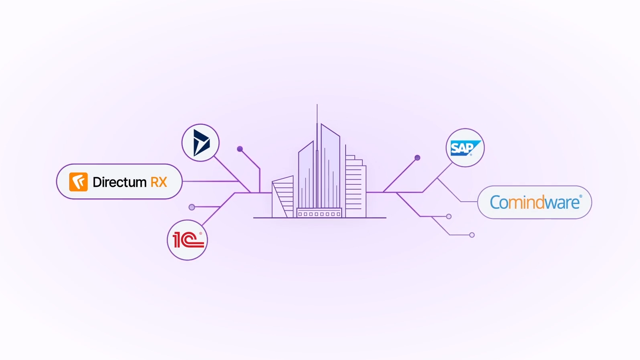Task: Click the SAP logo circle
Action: (x=465, y=148)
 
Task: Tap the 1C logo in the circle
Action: (x=188, y=240)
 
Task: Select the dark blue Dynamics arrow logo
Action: (x=201, y=143)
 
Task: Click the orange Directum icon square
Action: (x=78, y=182)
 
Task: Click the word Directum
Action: (x=120, y=182)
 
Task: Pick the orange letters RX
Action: (x=159, y=182)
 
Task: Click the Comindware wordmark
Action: (x=534, y=202)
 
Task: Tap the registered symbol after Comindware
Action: (x=581, y=196)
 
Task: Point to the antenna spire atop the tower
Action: (x=317, y=114)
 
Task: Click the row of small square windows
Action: (x=319, y=214)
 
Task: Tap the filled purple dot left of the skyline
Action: (x=240, y=149)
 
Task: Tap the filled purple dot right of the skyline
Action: (x=417, y=158)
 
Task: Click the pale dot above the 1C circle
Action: (x=192, y=207)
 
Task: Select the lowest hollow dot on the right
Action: (x=472, y=235)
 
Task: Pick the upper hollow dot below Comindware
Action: (x=449, y=216)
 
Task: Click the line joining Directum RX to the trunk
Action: (x=210, y=181)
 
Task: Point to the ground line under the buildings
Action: (x=320, y=218)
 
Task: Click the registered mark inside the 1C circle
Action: (x=200, y=234)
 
